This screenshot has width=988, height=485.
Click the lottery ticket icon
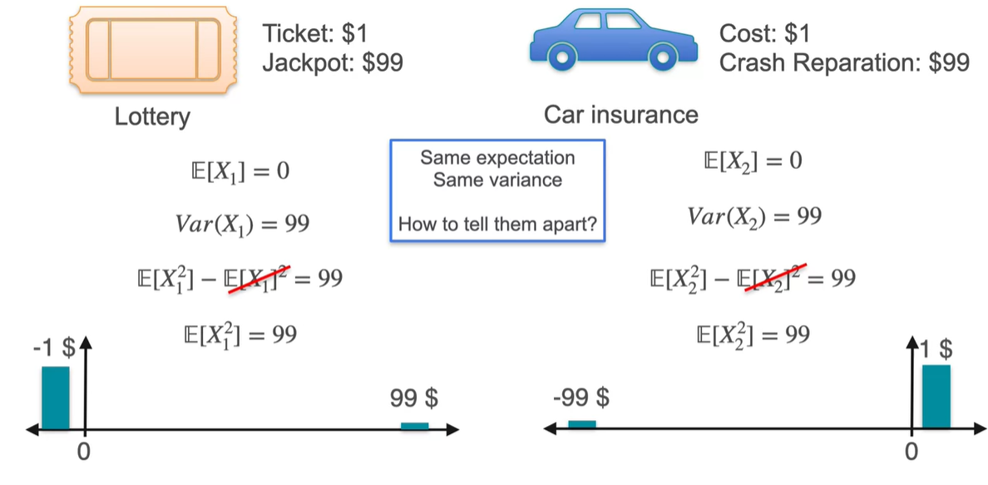click(152, 50)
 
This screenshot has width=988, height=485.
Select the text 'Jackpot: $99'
click(332, 62)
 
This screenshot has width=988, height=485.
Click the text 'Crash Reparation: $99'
click(844, 62)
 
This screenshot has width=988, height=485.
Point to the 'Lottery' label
click(152, 116)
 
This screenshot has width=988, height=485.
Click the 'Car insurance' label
click(621, 114)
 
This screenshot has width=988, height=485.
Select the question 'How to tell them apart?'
click(498, 224)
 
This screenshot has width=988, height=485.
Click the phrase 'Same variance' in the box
click(497, 180)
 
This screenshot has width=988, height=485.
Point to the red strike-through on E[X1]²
click(257, 278)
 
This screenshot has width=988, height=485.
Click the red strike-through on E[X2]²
click(769, 277)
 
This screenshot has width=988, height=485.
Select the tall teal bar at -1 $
click(56, 398)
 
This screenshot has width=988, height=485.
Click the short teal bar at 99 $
click(414, 426)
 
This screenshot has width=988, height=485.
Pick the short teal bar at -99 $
click(582, 424)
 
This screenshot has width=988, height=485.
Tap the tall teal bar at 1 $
click(936, 397)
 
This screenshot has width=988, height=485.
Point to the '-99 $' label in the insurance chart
click(581, 398)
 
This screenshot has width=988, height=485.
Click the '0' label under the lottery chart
click(83, 453)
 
